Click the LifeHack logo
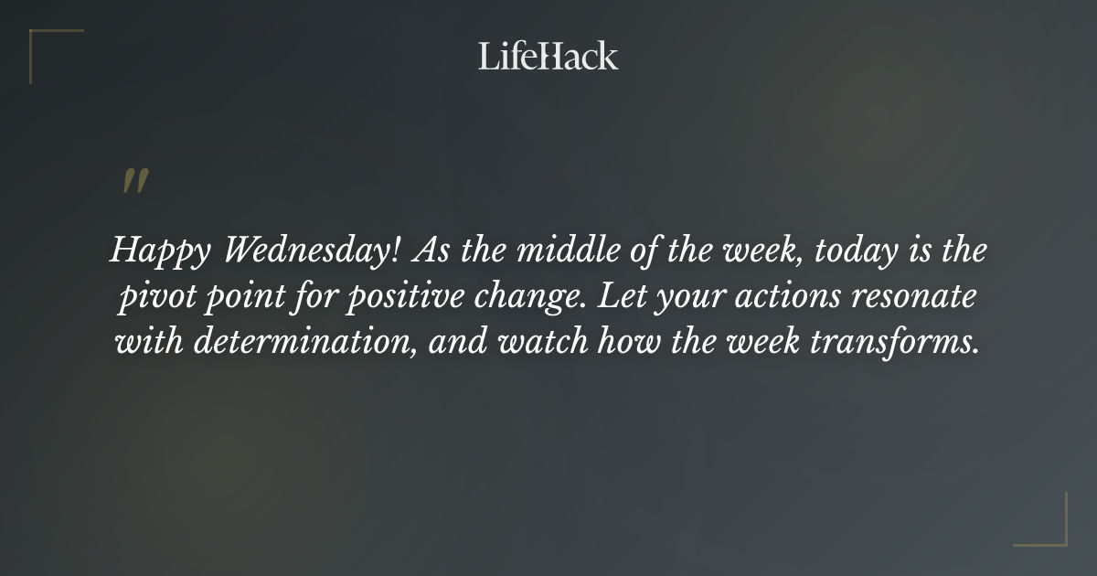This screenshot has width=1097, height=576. click(548, 57)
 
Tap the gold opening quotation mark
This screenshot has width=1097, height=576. click(134, 181)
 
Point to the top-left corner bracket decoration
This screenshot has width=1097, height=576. click(46, 46)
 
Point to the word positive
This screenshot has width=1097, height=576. click(399, 298)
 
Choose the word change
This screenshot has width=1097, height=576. click(519, 298)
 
